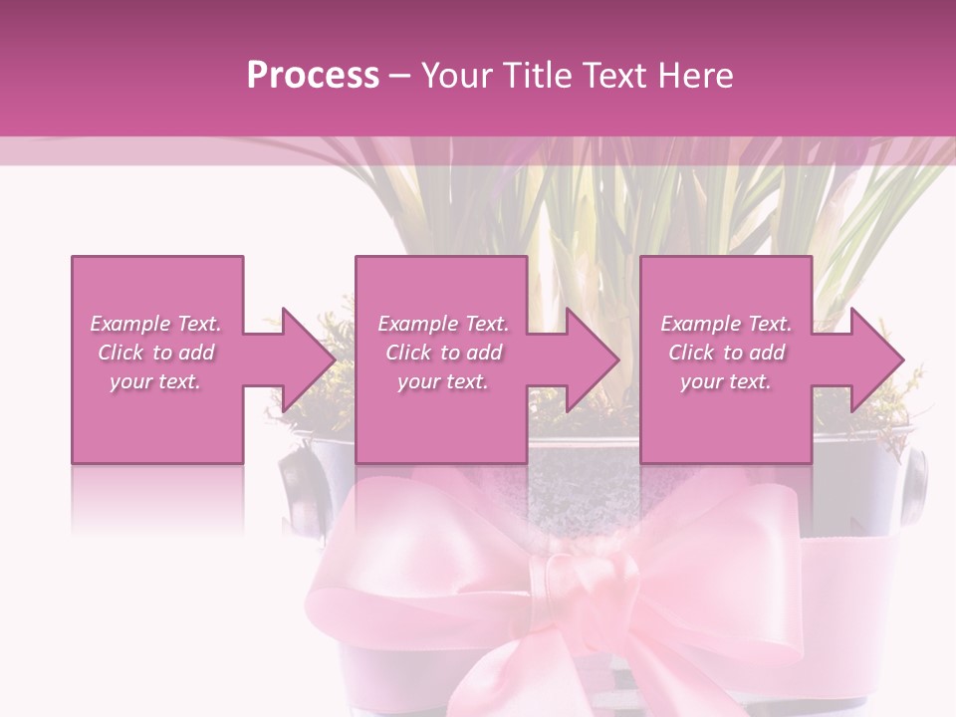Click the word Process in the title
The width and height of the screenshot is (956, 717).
(313, 75)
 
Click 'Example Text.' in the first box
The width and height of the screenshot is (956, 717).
(156, 324)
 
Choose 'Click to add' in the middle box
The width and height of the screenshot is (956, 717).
(443, 353)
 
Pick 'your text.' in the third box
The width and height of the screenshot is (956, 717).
(726, 381)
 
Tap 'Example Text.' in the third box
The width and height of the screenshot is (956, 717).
(726, 324)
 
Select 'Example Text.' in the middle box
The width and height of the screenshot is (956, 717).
(443, 324)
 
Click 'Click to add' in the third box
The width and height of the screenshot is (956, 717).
(726, 353)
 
